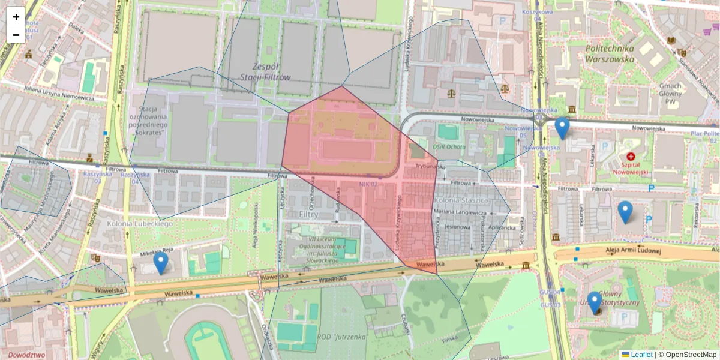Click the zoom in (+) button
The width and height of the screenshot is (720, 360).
16,17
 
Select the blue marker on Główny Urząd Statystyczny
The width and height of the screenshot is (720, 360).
595,302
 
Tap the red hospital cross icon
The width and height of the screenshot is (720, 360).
631,156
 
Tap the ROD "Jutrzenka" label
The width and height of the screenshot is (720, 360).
343,337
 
